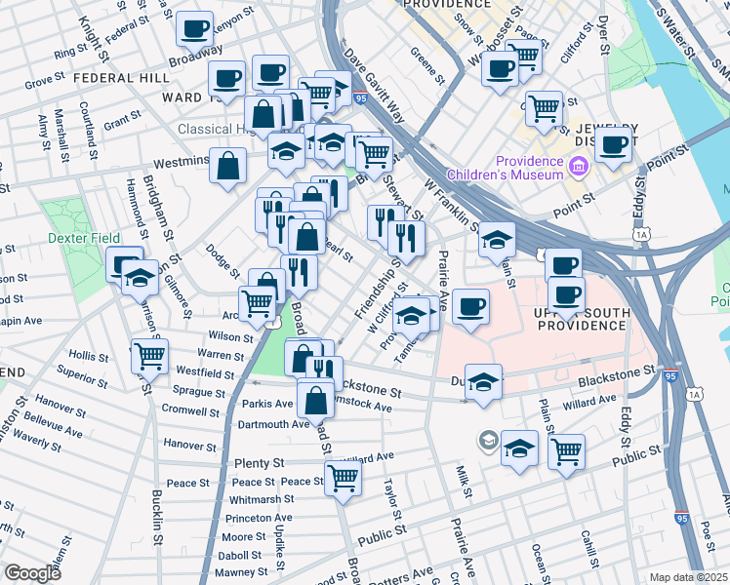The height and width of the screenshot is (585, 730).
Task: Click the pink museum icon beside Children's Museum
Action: (579, 168)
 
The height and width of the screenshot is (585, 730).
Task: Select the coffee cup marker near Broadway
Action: (195, 28)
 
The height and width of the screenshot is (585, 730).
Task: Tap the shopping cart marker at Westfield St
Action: (149, 357)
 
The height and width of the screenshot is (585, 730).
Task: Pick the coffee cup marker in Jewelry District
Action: (613, 144)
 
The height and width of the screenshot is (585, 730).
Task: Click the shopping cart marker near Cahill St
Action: (566, 451)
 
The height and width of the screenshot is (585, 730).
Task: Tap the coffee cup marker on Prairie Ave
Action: (470, 307)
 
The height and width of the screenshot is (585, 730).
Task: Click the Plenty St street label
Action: (259, 462)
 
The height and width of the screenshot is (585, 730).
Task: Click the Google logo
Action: (31, 572)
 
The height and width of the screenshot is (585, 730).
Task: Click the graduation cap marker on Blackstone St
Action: (482, 381)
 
